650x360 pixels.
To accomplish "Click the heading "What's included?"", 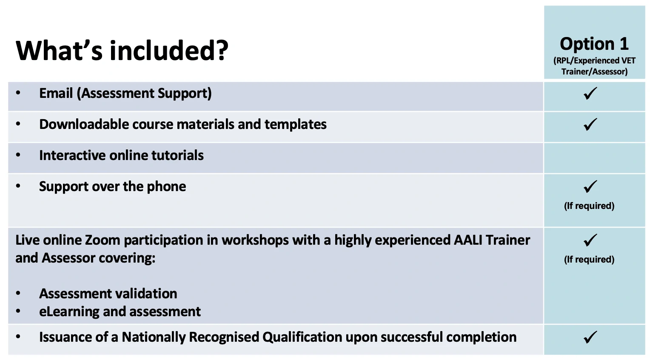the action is pyautogui.click(x=122, y=51).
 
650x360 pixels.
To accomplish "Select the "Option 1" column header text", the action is pyautogui.click(x=594, y=44).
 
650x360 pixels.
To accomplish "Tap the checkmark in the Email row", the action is pyautogui.click(x=590, y=94).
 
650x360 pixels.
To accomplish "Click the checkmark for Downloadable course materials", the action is pyautogui.click(x=590, y=124).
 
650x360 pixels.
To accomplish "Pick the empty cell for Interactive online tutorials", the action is pyautogui.click(x=594, y=158).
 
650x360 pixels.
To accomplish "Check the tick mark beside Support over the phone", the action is pyautogui.click(x=590, y=186).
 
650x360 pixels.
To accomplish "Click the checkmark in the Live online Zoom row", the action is pyautogui.click(x=590, y=240).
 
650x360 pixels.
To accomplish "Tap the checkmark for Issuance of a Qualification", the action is pyautogui.click(x=590, y=337).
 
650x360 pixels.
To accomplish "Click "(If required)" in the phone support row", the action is pyautogui.click(x=589, y=206).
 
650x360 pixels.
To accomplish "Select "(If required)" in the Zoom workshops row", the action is pyautogui.click(x=589, y=259).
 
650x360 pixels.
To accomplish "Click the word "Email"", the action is pyautogui.click(x=56, y=93).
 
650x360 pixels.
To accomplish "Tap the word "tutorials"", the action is pyautogui.click(x=177, y=155).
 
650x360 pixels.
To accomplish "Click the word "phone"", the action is pyautogui.click(x=166, y=187).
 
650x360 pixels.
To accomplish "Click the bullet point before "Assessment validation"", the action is pyautogui.click(x=18, y=294).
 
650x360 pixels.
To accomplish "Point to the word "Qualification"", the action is pyautogui.click(x=302, y=337).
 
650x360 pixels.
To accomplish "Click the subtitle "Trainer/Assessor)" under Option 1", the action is pyautogui.click(x=594, y=72).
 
